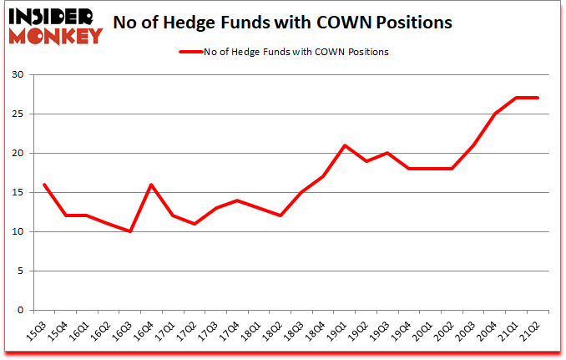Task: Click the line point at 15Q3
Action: [x=43, y=185]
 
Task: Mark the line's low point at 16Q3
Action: [x=130, y=231]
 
